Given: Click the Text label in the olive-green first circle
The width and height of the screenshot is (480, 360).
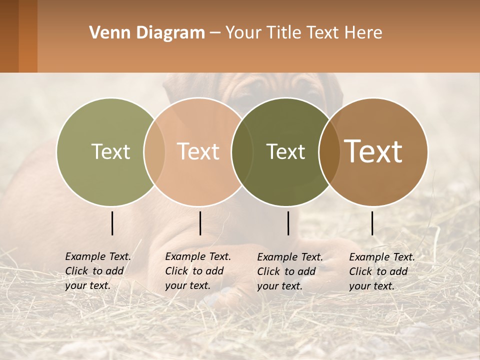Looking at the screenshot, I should pos(110,152).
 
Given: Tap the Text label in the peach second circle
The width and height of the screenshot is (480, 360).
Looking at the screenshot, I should pos(198,152).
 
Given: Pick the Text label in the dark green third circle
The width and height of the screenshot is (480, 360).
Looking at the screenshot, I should pos(285,152).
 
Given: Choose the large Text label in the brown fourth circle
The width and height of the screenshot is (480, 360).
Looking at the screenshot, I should pos(373,151).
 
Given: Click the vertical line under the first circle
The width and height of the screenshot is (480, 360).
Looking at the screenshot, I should pos(112,223).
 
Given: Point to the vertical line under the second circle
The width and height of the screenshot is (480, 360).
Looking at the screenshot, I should pos(200,223).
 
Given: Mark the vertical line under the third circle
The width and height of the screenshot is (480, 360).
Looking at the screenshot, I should pos(288,223).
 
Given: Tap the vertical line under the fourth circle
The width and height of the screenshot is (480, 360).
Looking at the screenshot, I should pos(372,223).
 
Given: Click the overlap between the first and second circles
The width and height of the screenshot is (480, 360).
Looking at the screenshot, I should pos(154,152).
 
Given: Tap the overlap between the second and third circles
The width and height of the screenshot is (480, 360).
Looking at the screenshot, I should pos(242,152).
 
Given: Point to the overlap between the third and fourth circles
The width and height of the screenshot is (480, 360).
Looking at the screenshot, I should pos(329,152).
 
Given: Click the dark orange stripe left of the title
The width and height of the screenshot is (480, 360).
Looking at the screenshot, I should pos(27,36).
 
